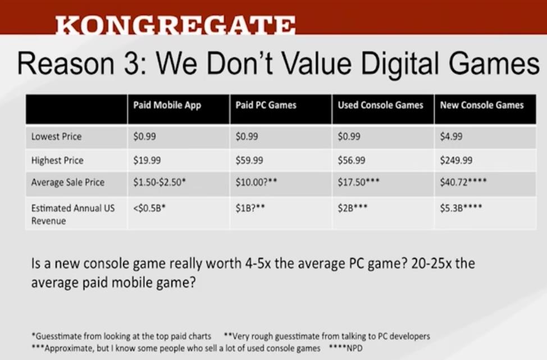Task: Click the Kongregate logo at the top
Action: coord(175,25)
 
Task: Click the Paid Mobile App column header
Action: coord(167,106)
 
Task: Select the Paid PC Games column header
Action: coord(266,105)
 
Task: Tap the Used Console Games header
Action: coord(380,105)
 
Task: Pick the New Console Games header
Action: coord(482,105)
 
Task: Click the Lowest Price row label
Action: coord(56,136)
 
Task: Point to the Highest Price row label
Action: coord(57,161)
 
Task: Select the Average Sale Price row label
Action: coord(68,182)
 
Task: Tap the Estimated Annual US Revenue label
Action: coord(73,214)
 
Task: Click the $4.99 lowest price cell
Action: coord(451,136)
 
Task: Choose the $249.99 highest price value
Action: coord(456,161)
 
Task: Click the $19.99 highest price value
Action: coord(147,161)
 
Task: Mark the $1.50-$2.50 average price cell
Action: coord(159,182)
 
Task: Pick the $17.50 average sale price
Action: coord(358,182)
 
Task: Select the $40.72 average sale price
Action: coord(463,182)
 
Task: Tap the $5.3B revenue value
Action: coord(461,208)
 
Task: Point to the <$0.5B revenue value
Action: coord(149,208)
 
